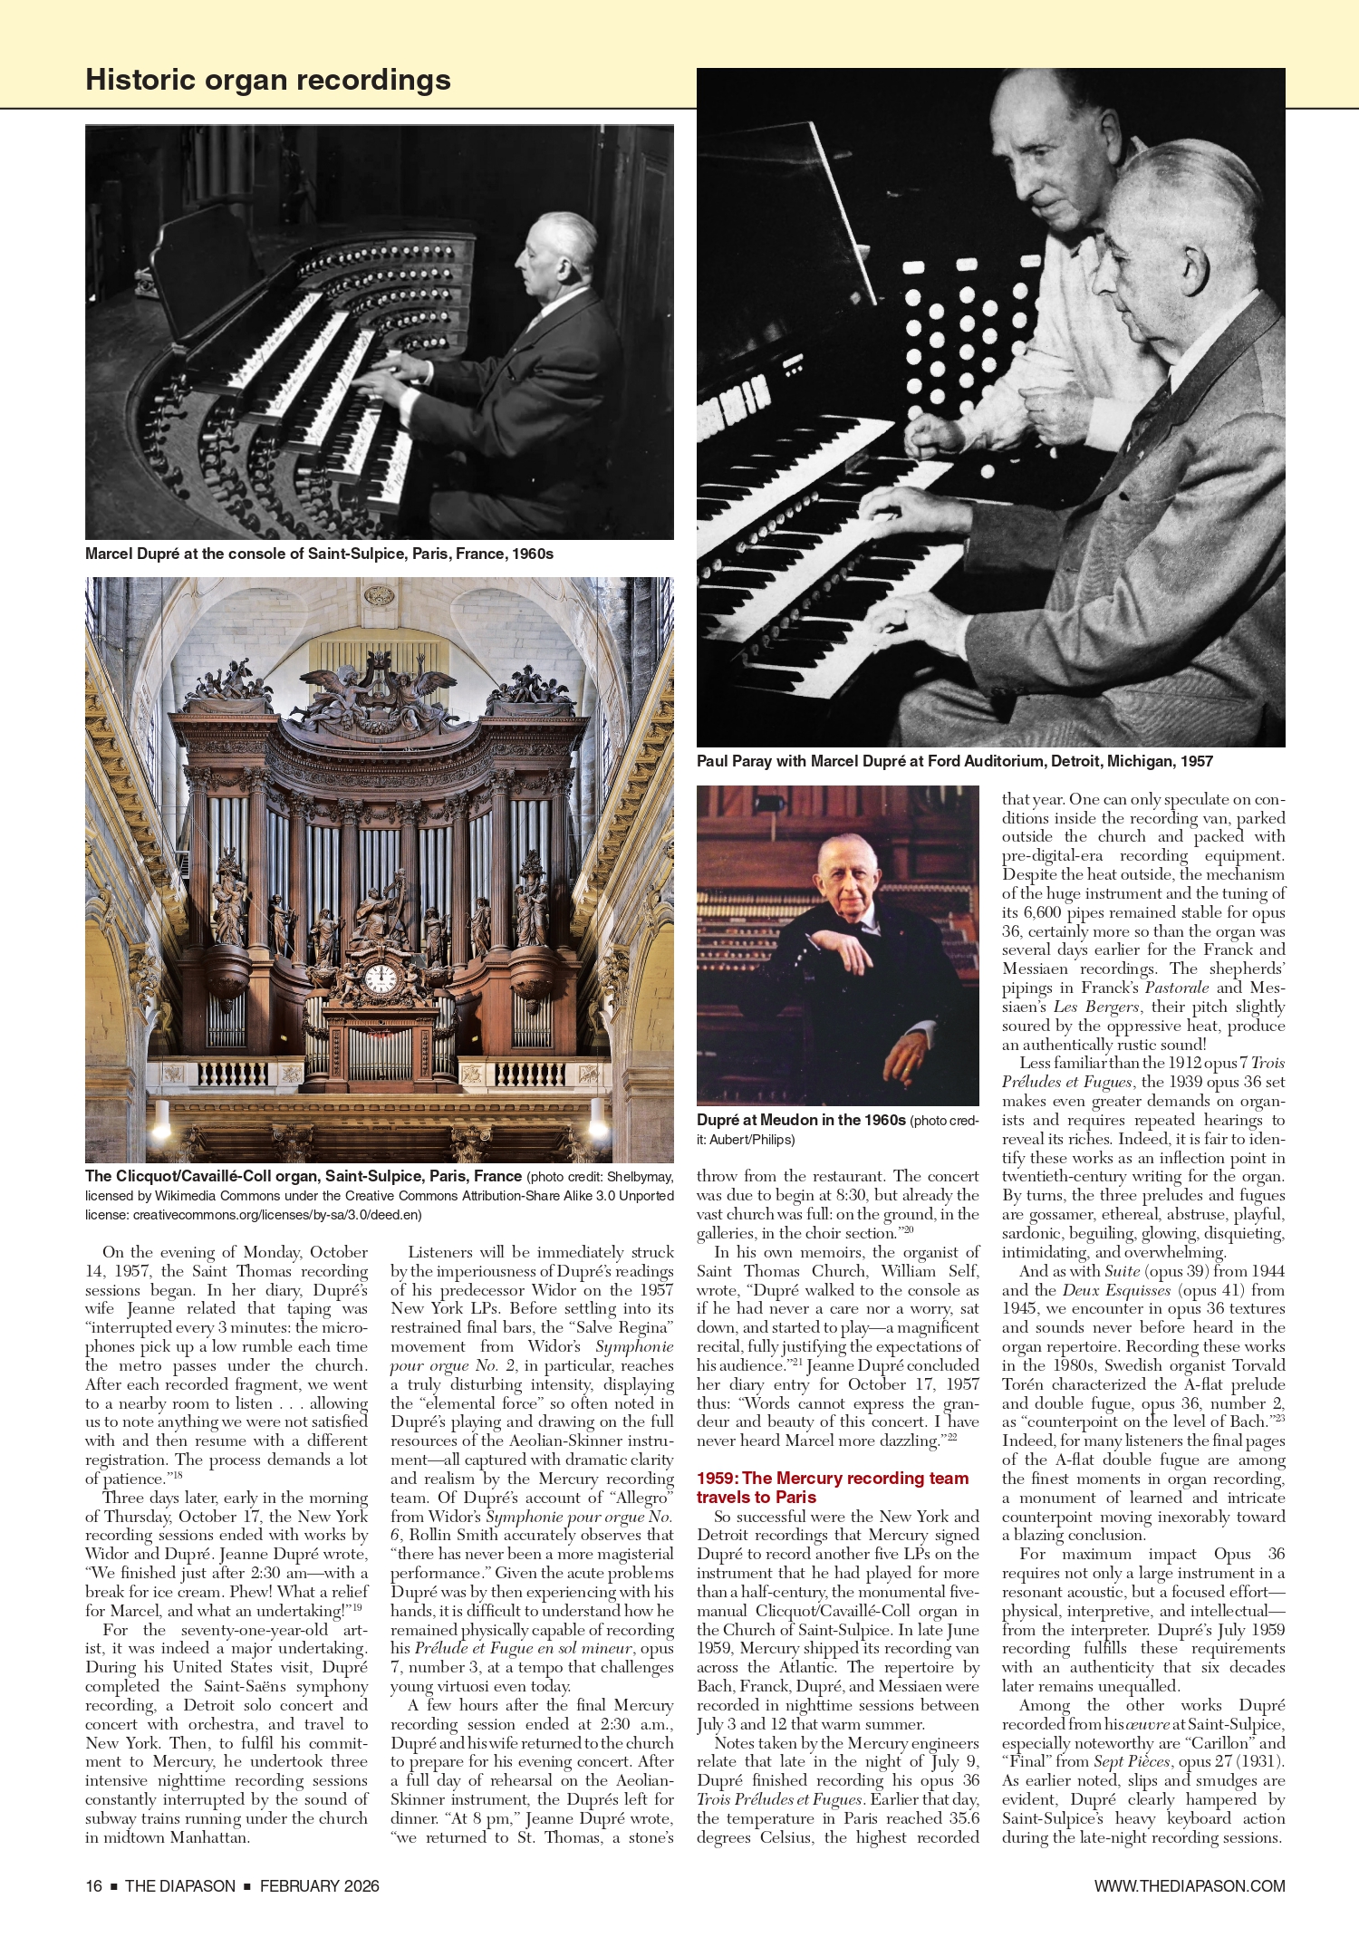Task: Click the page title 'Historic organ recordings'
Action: tap(267, 80)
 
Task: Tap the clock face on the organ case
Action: tap(380, 978)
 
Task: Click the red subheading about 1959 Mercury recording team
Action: tap(832, 1488)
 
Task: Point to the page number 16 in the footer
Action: tap(93, 1885)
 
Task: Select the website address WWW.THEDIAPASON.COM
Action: tap(1189, 1885)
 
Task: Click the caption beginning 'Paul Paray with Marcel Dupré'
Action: tap(954, 761)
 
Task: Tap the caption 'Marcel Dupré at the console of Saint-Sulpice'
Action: tap(319, 554)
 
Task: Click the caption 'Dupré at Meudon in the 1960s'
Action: tap(801, 1120)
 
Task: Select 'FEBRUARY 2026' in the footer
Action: tap(319, 1885)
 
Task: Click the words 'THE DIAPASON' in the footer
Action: tap(179, 1885)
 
